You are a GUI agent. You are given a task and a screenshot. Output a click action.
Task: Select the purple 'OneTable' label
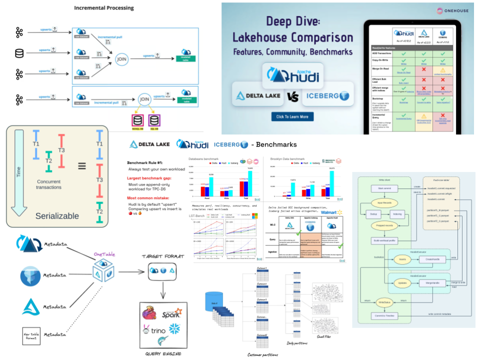(x=105, y=254)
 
